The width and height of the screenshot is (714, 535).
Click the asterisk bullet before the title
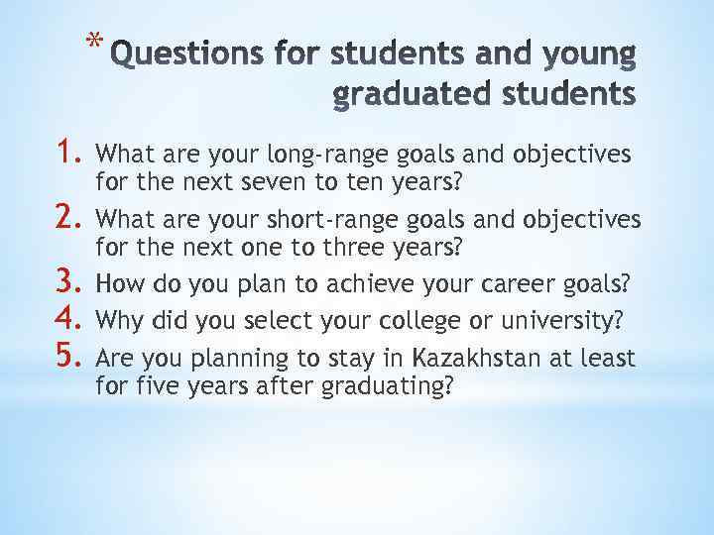(x=93, y=43)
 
